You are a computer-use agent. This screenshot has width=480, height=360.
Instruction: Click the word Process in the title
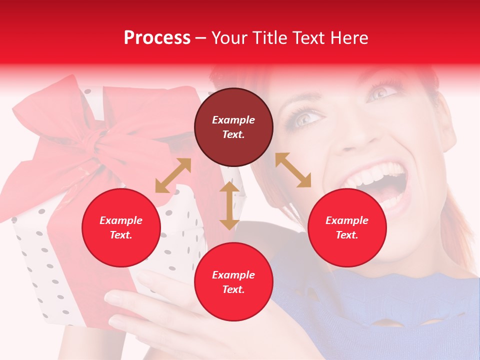click(157, 38)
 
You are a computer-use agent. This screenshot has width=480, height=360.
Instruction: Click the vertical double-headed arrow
click(229, 205)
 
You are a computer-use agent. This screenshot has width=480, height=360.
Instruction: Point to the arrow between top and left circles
click(173, 175)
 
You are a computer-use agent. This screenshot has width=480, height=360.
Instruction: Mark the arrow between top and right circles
click(293, 170)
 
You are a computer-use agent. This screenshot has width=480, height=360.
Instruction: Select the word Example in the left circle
click(121, 220)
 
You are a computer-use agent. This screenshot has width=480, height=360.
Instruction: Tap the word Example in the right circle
click(347, 220)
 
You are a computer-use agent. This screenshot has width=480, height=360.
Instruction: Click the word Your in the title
click(227, 38)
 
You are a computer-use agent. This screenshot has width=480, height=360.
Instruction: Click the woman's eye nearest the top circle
click(306, 118)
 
